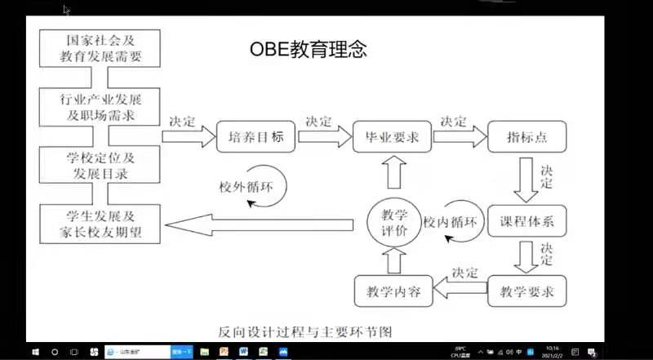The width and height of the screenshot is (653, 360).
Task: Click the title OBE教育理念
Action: coord(309,51)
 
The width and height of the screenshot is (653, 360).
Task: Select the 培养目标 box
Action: coord(255,137)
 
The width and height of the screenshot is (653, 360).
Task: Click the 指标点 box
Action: coord(526,137)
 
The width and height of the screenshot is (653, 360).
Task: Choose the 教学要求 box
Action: coord(526,291)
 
